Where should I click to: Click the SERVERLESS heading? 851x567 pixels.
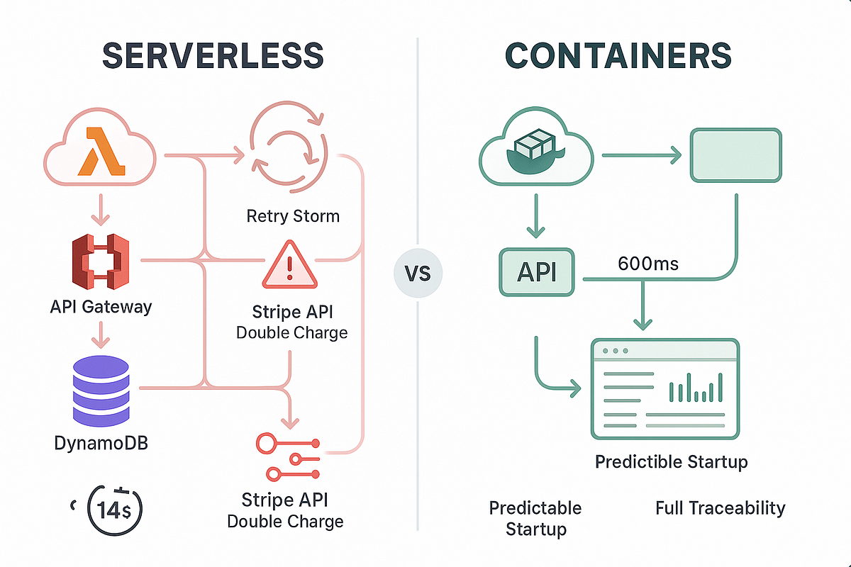click(213, 55)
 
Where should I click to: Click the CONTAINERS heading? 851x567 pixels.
click(618, 55)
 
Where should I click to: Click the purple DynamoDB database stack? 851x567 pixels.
click(102, 386)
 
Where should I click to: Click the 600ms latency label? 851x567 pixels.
click(648, 264)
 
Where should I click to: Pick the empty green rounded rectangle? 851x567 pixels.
click(736, 154)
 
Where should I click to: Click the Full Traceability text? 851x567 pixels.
click(720, 508)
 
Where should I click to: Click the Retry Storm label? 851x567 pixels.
click(292, 215)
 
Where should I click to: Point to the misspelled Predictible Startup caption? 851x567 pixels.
click(671, 463)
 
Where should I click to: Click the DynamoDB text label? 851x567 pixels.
click(101, 444)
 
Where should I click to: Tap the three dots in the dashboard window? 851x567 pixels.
click(614, 352)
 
